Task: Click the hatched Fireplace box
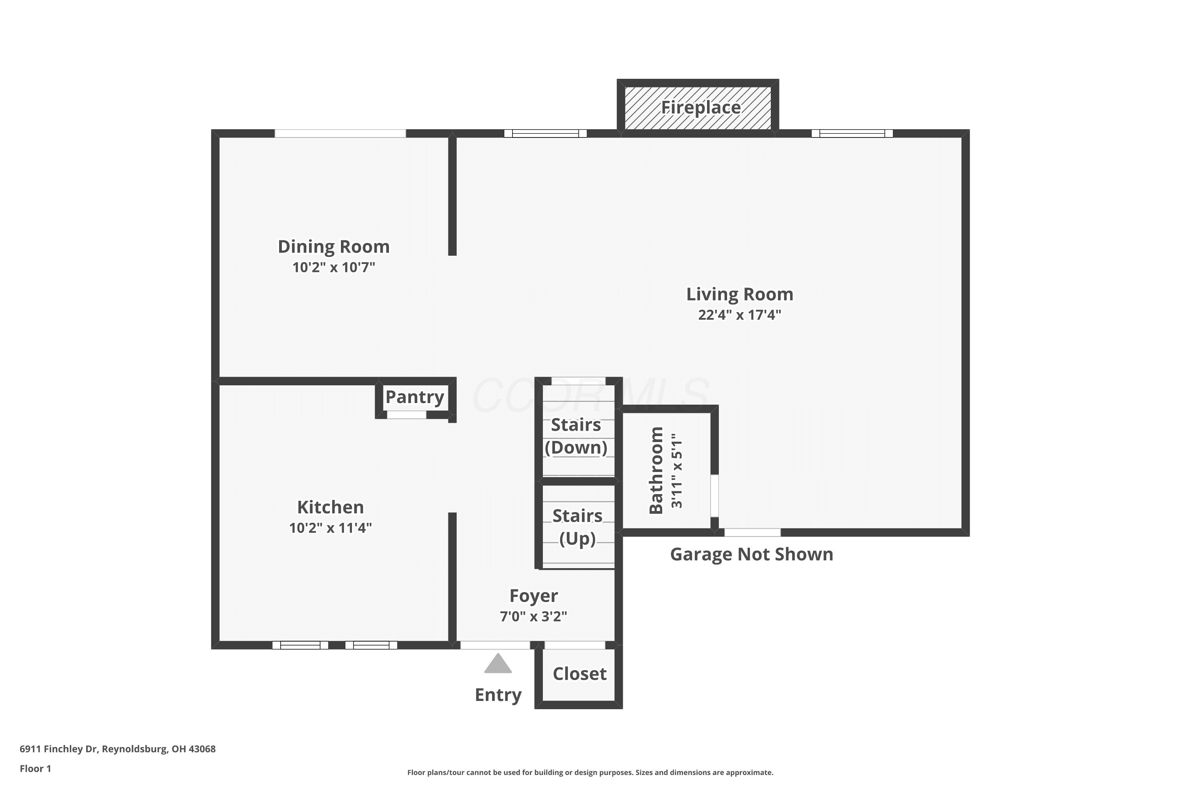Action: coord(698,108)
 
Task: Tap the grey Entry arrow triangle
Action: coord(498,663)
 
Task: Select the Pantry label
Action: coord(415,397)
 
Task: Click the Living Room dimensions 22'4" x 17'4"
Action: coord(740,315)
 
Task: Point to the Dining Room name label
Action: coord(334,247)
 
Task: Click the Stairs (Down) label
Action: coord(576,436)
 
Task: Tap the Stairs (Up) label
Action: coord(578,527)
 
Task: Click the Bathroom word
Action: coord(656,470)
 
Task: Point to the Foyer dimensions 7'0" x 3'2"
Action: coord(534,617)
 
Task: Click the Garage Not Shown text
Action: coord(752,554)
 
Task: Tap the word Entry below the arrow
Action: coord(498,695)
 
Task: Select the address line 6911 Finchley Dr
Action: coord(117,749)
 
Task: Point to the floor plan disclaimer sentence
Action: coord(590,772)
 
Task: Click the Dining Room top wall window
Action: coord(340,133)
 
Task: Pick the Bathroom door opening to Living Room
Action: coord(715,496)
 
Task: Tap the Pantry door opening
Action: coord(406,415)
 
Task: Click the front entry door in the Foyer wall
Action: coord(495,645)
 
